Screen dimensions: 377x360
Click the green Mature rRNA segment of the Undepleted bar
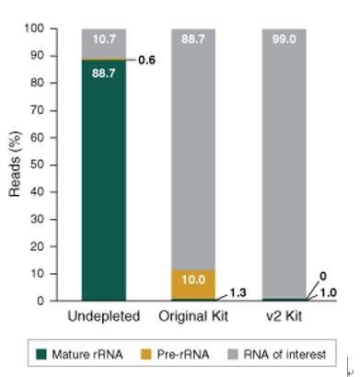(103, 184)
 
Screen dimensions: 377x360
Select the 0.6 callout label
(147, 61)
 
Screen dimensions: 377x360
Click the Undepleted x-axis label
(103, 318)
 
